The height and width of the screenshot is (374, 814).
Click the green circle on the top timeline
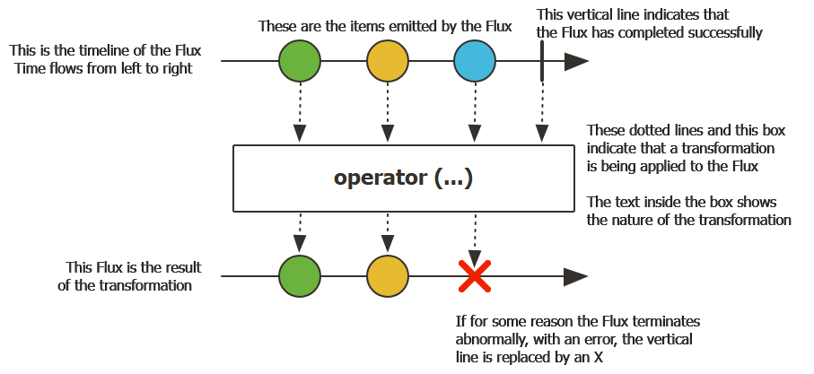pos(300,62)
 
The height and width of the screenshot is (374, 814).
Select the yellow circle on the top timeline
pos(388,62)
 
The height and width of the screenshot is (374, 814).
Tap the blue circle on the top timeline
pos(475,62)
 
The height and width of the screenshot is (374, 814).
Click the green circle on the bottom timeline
pos(300,276)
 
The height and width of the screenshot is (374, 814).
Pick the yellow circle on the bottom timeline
pos(388,276)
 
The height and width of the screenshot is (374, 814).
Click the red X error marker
pos(475,277)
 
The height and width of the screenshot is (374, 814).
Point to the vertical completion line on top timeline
pos(542,61)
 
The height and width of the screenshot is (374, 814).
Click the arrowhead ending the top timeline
pos(576,62)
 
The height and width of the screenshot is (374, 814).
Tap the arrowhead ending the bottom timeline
pos(576,276)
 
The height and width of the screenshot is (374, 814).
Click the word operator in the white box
pos(376,178)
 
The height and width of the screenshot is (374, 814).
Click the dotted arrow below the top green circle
pos(300,112)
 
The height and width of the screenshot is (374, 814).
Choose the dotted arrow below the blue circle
pos(475,112)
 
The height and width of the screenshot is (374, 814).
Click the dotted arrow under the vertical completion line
pos(542,112)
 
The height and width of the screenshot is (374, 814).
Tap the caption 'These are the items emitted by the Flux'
pos(385,26)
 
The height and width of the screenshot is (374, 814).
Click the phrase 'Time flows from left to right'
pos(103,68)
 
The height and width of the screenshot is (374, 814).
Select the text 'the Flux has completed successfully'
pos(650,32)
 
